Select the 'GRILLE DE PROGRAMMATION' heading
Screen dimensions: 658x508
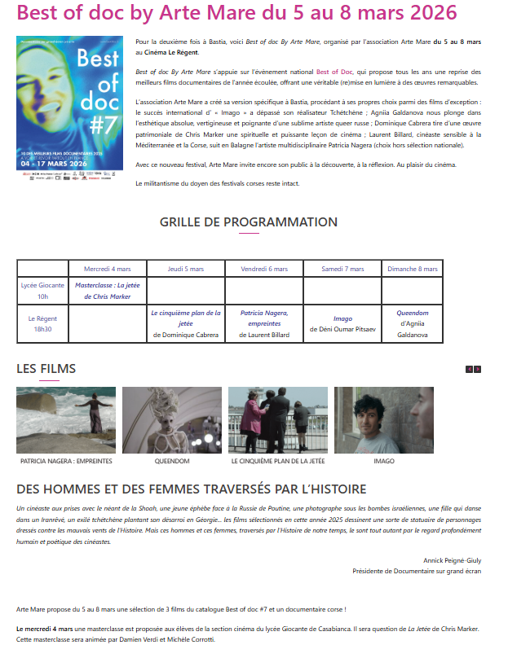pos(249,222)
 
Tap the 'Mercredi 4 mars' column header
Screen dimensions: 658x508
pos(108,269)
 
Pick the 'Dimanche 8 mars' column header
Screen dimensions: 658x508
pos(413,269)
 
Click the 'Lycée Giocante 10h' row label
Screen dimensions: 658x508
pos(42,291)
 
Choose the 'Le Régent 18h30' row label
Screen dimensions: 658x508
pos(42,323)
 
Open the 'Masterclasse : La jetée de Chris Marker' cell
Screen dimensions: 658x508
pos(108,291)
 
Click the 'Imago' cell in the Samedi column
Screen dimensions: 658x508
pos(342,323)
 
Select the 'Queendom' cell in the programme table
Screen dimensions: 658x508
pos(413,323)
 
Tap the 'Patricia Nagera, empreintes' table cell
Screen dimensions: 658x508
pos(264,323)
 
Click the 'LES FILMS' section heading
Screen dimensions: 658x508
pos(46,369)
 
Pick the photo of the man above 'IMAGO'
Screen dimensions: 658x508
pos(384,420)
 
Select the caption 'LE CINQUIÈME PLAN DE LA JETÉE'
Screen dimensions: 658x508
pos(278,461)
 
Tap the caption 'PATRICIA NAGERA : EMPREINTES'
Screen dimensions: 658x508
pos(66,461)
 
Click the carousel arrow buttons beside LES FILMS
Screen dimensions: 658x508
pos(474,370)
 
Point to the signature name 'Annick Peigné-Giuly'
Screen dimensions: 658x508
pos(453,560)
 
